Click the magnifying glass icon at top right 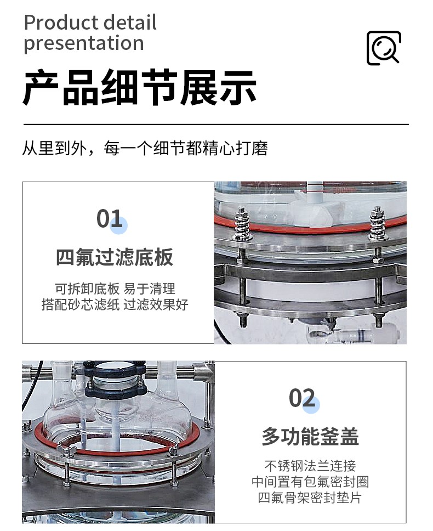tap(384, 48)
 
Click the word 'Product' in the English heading tap(61, 22)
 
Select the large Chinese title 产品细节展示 tap(139, 87)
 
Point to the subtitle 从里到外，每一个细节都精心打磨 tap(145, 148)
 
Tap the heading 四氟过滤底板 tap(115, 257)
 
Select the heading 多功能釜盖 tap(310, 437)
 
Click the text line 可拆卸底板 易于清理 tap(115, 289)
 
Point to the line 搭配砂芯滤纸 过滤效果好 tap(115, 304)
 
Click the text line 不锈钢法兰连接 tap(310, 466)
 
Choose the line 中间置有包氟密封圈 tap(310, 482)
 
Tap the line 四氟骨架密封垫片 tap(310, 498)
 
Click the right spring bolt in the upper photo tap(378, 223)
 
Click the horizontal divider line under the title tap(216, 125)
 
